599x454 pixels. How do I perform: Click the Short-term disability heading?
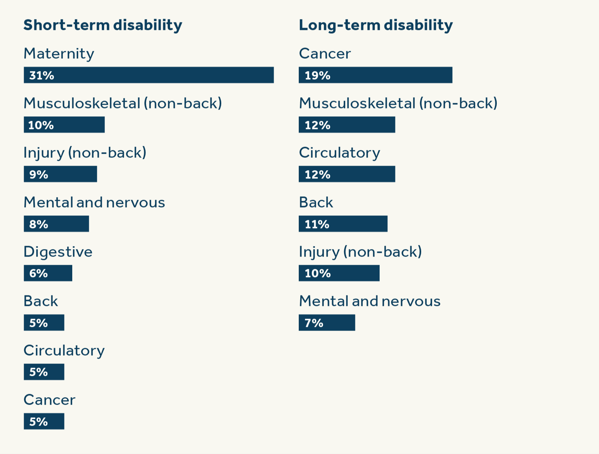[x=103, y=25]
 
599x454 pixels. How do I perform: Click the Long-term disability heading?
[x=375, y=25]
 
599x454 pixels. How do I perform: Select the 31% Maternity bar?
[x=149, y=75]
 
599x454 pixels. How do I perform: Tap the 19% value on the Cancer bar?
[x=317, y=76]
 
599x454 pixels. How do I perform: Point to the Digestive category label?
[x=58, y=252]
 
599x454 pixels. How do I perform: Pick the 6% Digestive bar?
[x=48, y=273]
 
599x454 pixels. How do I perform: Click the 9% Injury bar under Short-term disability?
[x=60, y=174]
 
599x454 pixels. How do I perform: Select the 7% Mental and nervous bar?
[x=327, y=323]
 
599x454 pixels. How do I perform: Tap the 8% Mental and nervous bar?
[x=56, y=224]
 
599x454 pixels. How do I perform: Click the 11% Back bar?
[x=343, y=224]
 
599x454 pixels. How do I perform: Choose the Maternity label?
[x=59, y=53]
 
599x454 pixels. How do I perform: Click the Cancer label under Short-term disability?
[x=49, y=400]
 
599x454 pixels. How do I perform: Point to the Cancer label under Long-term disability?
[x=325, y=53]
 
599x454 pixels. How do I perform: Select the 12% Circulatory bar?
[x=347, y=174]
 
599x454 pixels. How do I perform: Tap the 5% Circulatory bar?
[x=44, y=372]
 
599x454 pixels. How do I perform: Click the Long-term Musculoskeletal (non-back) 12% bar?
[x=347, y=125]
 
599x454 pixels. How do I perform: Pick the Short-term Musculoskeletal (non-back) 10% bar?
[x=64, y=125]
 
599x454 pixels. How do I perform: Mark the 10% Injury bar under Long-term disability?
[x=339, y=273]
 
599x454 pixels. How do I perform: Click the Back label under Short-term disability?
[x=40, y=301]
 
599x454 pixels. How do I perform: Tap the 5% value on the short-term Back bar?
[x=39, y=323]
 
